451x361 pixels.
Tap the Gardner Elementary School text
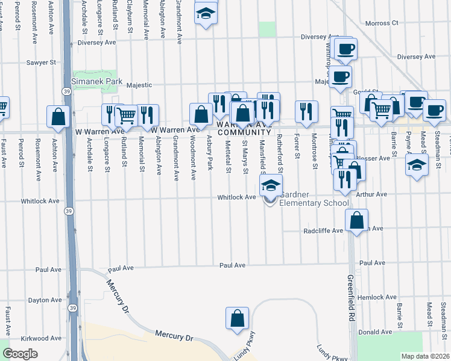tap(314, 199)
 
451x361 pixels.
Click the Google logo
tap(20, 354)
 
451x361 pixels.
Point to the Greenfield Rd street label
tap(350, 295)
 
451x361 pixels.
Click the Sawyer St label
tap(41, 62)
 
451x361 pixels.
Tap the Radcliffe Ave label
tap(323, 230)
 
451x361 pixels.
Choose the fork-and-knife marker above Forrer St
tap(306, 111)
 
